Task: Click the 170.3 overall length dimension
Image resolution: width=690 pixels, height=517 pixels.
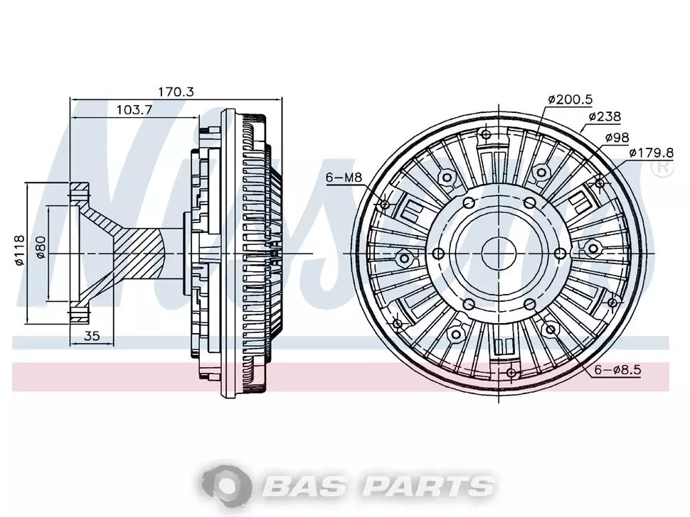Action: (x=176, y=92)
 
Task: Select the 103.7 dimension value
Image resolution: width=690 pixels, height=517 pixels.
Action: (x=134, y=110)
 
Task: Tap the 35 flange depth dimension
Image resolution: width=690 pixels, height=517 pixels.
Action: (x=92, y=336)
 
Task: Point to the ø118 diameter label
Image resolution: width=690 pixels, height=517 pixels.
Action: (x=19, y=251)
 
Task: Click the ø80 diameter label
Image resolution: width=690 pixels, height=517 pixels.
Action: (x=41, y=247)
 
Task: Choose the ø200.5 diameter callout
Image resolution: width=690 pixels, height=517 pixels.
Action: (x=570, y=99)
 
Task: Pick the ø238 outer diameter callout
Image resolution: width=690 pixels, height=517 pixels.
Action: (x=605, y=116)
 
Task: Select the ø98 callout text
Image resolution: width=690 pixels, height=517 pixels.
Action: (x=617, y=137)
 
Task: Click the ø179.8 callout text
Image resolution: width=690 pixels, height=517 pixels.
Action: (x=652, y=153)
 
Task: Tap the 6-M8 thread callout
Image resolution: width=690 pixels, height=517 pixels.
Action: (x=344, y=178)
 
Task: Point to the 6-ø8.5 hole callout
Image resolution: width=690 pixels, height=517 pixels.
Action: (x=618, y=370)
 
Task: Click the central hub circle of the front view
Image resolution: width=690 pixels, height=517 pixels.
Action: (x=499, y=254)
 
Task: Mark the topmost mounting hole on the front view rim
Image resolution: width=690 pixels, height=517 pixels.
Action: (x=486, y=134)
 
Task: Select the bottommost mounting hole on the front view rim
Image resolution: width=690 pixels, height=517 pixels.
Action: (x=511, y=373)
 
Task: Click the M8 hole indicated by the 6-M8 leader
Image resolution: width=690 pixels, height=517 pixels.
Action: (x=385, y=205)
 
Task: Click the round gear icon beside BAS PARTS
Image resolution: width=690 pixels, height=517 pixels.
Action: (x=227, y=485)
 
